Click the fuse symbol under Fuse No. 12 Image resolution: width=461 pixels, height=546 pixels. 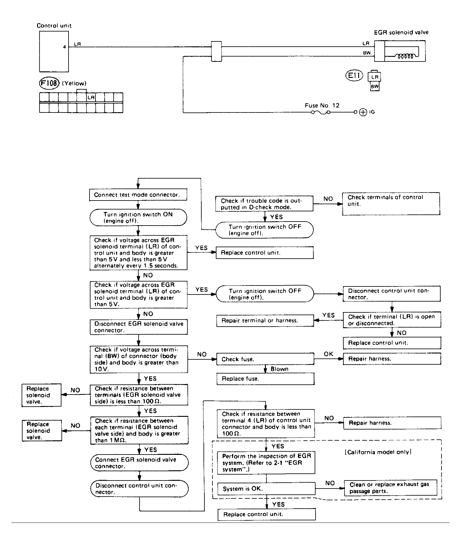321,112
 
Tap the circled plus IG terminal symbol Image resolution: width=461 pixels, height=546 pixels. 363,112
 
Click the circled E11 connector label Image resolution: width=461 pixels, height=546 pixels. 354,76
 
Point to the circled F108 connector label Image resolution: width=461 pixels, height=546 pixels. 49,83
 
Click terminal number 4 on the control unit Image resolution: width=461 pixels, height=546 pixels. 65,47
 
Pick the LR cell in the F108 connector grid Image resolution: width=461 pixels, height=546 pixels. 91,98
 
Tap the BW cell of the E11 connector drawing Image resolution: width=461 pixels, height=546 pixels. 375,87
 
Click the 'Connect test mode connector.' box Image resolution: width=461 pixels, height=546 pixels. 138,195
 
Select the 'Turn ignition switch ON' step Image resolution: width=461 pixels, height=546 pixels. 138,218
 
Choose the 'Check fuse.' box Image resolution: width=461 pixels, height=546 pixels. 265,359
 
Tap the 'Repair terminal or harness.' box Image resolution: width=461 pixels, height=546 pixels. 265,320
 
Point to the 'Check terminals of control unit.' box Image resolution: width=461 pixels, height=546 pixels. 391,204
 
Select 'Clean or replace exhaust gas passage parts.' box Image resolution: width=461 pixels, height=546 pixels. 390,488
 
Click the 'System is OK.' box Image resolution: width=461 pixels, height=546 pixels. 266,489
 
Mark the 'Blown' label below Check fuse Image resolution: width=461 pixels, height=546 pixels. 279,369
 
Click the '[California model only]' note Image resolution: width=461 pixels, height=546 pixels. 378,452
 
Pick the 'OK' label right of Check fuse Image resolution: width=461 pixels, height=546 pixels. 328,354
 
